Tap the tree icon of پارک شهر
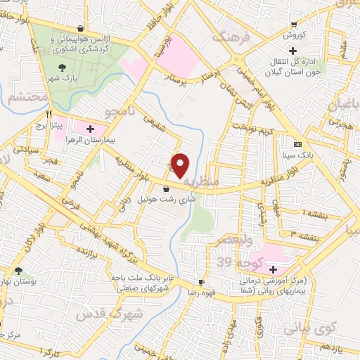tap(63, 67)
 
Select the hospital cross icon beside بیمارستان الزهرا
tap(90, 129)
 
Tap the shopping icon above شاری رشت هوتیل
tap(166, 188)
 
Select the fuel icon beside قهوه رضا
tap(202, 282)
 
